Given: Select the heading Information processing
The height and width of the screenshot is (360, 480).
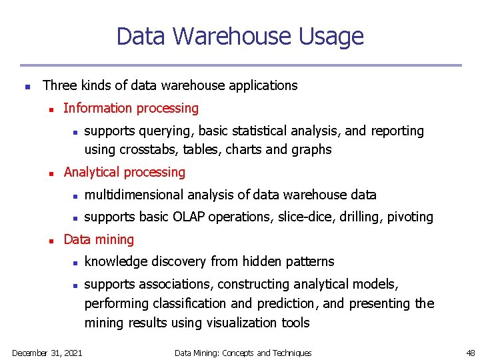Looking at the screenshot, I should click(131, 108).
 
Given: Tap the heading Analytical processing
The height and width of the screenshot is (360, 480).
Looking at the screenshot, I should click(124, 172).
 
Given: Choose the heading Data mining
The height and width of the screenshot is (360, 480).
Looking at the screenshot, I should click(99, 239).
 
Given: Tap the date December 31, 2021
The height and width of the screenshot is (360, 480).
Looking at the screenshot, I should click(47, 353).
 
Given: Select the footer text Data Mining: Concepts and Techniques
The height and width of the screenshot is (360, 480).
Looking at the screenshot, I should click(243, 353).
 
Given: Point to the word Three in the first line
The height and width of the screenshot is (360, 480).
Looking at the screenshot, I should click(59, 85).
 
